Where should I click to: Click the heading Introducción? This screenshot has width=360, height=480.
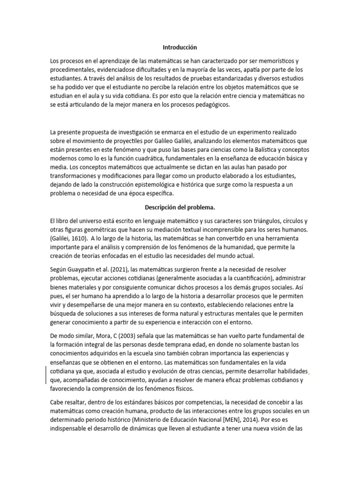[180, 47]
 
